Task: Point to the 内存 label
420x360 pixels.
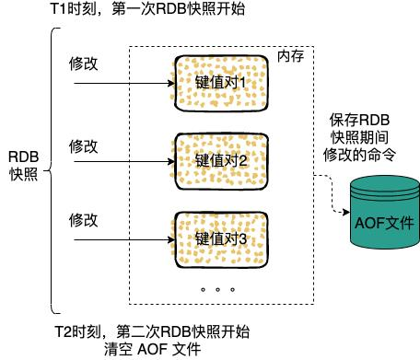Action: pos(290,57)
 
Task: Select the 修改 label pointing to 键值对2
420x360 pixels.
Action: pos(84,145)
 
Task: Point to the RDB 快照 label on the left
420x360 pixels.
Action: pos(24,165)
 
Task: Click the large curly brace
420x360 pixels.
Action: pos(53,170)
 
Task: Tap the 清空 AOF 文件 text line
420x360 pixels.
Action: pos(153,350)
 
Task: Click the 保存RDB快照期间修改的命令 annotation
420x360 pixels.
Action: pos(363,137)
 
